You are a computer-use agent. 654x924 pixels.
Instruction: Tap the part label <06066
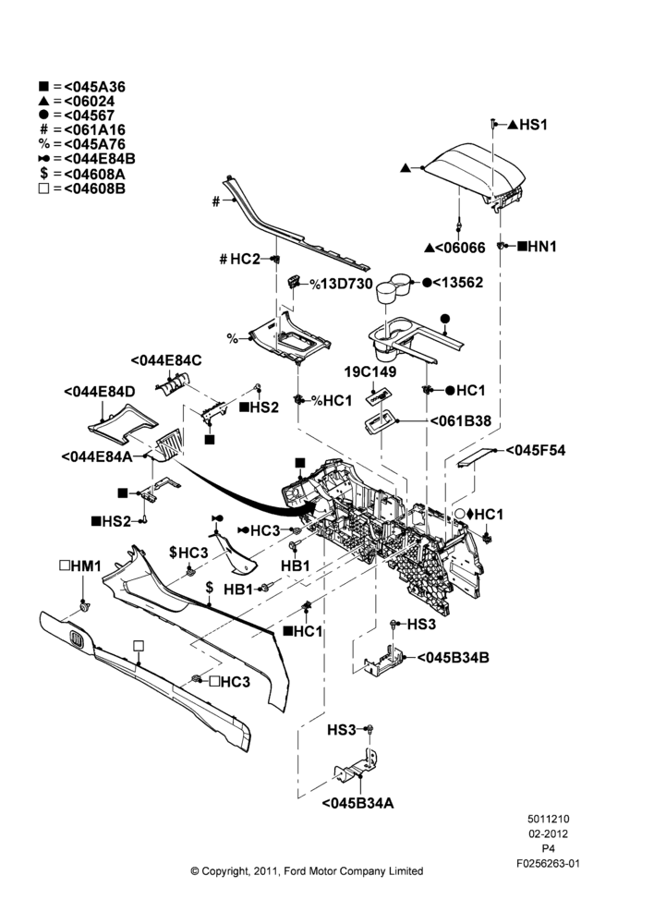click(x=460, y=248)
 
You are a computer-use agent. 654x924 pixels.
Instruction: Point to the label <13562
click(x=458, y=282)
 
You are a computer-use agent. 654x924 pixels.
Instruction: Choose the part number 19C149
click(x=370, y=371)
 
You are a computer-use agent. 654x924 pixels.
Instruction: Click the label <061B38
click(x=460, y=420)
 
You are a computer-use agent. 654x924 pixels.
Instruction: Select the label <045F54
click(x=536, y=450)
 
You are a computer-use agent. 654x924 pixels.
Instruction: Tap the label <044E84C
click(x=166, y=360)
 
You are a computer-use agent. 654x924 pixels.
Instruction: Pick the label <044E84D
click(x=100, y=391)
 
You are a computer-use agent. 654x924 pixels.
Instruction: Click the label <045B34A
click(x=358, y=803)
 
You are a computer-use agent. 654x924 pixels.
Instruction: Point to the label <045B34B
click(x=453, y=657)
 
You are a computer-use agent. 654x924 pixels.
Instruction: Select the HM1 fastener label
click(x=86, y=566)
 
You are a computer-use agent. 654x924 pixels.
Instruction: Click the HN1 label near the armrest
click(x=542, y=247)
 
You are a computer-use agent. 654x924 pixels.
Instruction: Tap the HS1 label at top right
click(x=533, y=125)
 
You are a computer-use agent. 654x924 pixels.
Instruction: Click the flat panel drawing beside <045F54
click(x=475, y=456)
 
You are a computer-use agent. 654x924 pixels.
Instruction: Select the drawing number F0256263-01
click(x=548, y=863)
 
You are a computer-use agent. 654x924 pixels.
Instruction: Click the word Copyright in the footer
click(x=225, y=871)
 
